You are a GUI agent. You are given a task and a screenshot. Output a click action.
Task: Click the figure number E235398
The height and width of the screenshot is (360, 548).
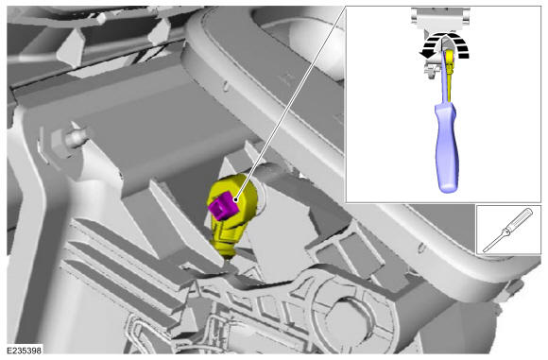[x=25, y=350]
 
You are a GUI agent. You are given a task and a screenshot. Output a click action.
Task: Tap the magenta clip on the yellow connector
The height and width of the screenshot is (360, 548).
[x=223, y=205]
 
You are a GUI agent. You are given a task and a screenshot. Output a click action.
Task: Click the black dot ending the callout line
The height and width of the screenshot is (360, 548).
[x=236, y=200]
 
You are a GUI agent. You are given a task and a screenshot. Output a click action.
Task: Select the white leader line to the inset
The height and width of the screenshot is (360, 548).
[x=291, y=103]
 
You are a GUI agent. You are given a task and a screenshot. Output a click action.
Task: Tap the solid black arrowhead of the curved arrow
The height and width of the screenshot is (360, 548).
[x=424, y=53]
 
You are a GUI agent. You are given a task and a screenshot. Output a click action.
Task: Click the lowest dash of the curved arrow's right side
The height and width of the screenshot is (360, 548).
[x=463, y=56]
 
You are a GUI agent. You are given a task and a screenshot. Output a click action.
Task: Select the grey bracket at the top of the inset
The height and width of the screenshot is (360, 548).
[x=440, y=19]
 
